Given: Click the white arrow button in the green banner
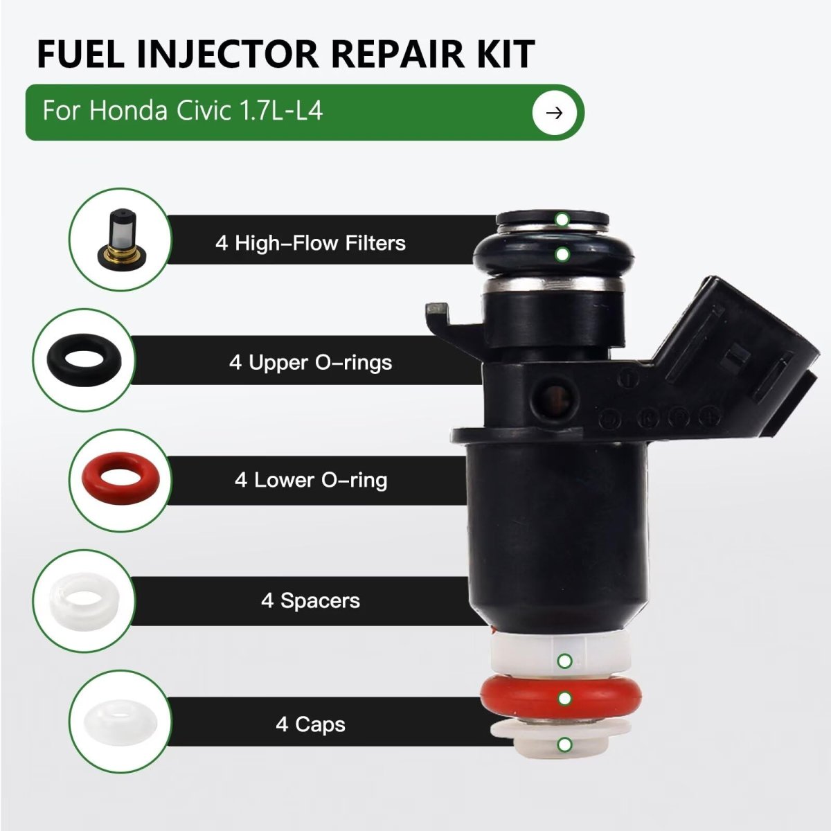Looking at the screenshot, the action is click(554, 113).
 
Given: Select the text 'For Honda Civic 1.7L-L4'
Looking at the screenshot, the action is click(182, 110).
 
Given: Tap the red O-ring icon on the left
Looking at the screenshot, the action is click(120, 479).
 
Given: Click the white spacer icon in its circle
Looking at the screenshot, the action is click(84, 601).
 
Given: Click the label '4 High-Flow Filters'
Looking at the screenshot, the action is click(310, 243).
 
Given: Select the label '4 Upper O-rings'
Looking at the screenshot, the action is click(310, 362).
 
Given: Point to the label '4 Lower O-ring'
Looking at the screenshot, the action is click(311, 481).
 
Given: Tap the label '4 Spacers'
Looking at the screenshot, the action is click(310, 600).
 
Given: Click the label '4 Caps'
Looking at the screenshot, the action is click(310, 724).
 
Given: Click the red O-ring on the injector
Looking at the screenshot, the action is click(561, 698).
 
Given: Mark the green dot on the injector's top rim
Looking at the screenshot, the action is click(562, 220).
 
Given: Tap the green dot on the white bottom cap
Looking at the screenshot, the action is click(565, 744).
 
